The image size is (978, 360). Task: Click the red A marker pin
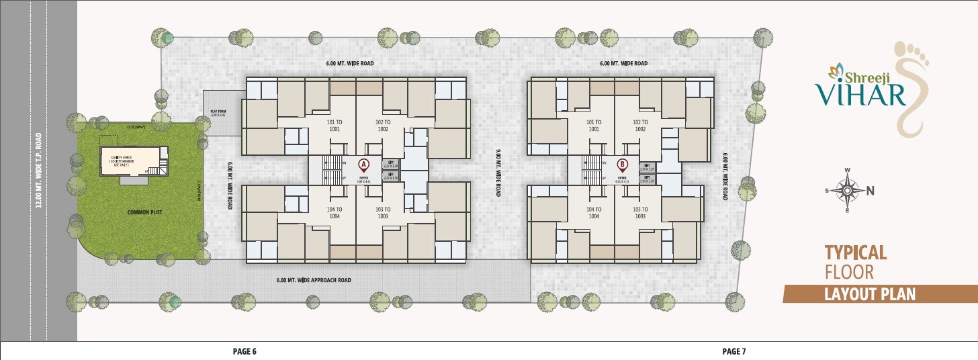click(x=363, y=163)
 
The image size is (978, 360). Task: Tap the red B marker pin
click(x=623, y=163)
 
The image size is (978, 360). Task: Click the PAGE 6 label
click(x=244, y=351)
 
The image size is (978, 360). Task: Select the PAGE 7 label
click(x=734, y=351)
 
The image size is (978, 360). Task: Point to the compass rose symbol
click(x=848, y=190)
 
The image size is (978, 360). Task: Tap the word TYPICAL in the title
click(x=856, y=253)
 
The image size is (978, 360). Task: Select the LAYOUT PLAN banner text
click(x=871, y=294)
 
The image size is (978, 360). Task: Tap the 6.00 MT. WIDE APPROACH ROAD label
click(x=314, y=280)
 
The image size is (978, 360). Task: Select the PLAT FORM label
click(x=217, y=114)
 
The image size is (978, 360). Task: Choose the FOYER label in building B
click(x=621, y=179)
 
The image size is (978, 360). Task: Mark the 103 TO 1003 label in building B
click(x=639, y=213)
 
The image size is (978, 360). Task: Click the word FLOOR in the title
click(x=849, y=272)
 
